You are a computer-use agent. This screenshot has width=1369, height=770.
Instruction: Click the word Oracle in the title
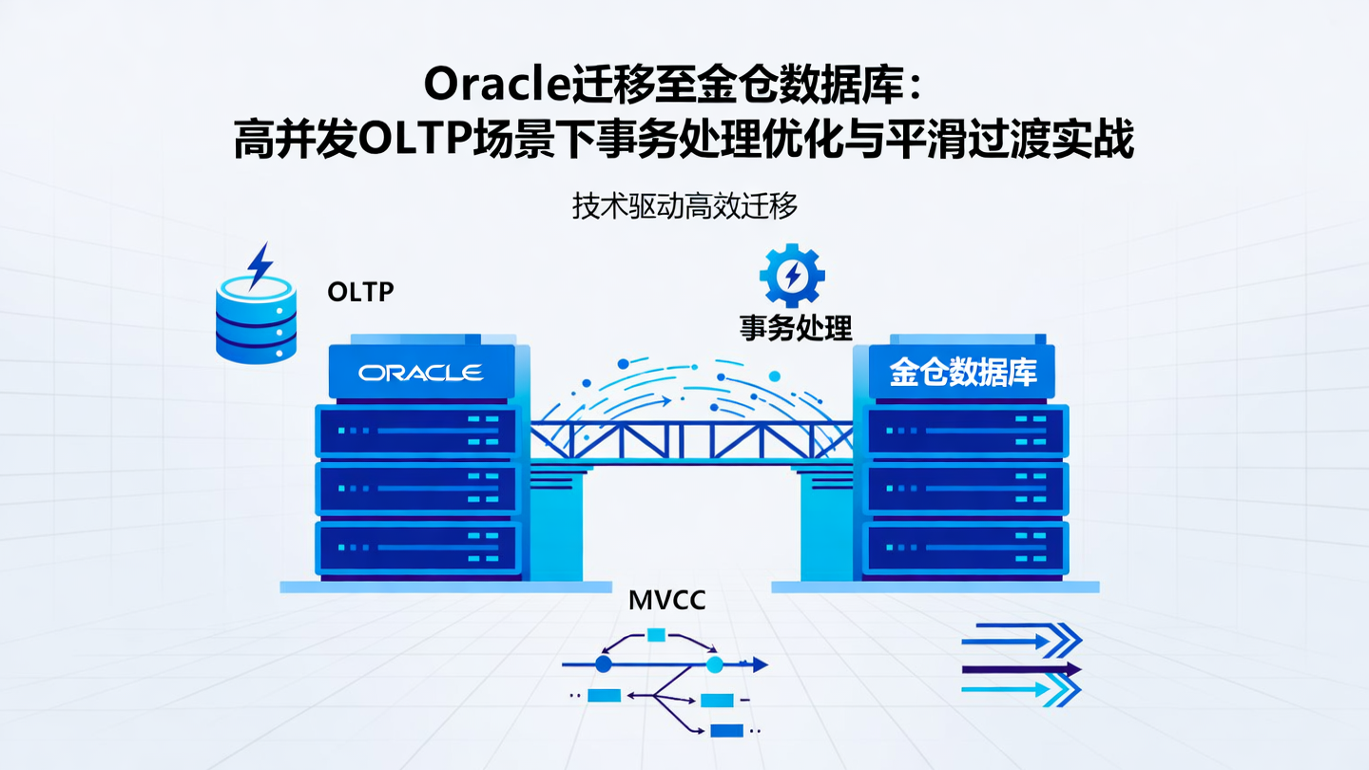(496, 86)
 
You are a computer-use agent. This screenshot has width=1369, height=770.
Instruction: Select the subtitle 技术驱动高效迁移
(684, 206)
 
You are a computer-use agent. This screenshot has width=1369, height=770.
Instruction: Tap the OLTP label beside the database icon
(360, 292)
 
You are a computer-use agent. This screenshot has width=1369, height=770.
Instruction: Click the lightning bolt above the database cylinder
(259, 265)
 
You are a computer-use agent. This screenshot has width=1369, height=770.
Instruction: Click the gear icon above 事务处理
(791, 276)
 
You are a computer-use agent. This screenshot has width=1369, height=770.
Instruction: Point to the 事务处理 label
(796, 328)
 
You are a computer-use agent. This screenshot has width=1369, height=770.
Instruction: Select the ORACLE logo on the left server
(420, 372)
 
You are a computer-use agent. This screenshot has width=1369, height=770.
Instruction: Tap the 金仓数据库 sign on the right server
(962, 372)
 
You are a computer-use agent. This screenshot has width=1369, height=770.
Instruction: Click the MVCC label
(667, 601)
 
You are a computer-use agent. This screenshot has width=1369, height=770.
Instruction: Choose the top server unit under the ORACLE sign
(418, 432)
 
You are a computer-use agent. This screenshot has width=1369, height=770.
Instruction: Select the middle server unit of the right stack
(966, 490)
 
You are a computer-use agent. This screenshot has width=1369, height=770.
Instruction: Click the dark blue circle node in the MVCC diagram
(603, 664)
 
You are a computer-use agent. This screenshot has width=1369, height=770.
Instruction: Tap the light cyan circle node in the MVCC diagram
(715, 664)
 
